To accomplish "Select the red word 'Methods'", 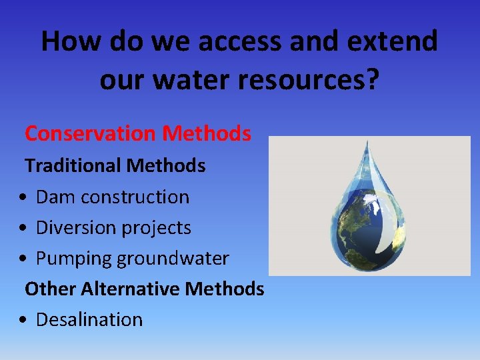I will pyautogui.click(x=207, y=134).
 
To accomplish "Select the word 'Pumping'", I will pyautogui.click(x=74, y=259).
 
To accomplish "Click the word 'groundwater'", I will pyautogui.click(x=173, y=259).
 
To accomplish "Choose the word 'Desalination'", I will pyautogui.click(x=89, y=319).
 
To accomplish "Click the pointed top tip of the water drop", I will pyautogui.click(x=366, y=142).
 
